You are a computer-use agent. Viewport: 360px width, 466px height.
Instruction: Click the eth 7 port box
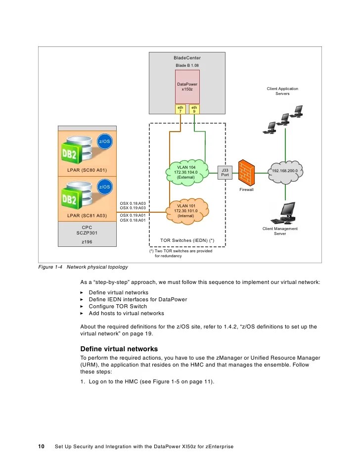point(180,109)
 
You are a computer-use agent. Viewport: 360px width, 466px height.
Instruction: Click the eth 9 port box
point(194,109)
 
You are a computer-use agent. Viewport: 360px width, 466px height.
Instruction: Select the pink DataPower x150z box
point(187,87)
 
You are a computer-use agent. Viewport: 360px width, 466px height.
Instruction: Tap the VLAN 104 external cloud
point(186,172)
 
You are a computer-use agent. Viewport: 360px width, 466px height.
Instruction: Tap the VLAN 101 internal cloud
point(186,211)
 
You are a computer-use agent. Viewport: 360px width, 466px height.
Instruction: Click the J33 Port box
point(225,172)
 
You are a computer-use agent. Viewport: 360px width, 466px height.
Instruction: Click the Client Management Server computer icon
point(285,213)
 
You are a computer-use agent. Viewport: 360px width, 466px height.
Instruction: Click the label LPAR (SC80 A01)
point(87,171)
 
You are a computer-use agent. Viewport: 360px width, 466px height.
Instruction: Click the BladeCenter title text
point(187,58)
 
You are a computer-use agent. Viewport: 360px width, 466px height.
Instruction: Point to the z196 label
point(87,242)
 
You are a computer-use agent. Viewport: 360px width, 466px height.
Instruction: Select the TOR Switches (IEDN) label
point(187,240)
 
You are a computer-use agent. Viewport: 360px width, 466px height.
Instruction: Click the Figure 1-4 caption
point(83,267)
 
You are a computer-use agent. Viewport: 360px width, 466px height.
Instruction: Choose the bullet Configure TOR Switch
point(118,306)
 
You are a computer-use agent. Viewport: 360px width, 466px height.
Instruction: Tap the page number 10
point(42,447)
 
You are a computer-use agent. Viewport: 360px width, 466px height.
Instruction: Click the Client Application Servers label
point(282,91)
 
